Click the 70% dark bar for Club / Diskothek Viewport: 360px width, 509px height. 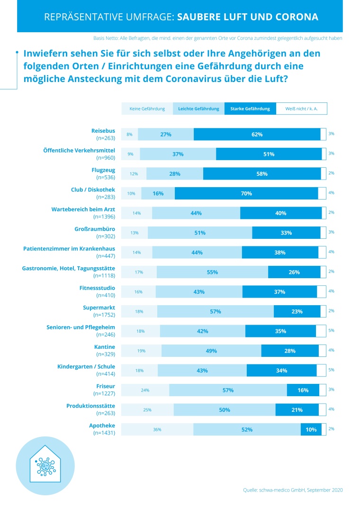pos(246,193)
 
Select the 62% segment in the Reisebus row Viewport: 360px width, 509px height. pos(257,134)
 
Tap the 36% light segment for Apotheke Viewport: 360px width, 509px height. pos(157,429)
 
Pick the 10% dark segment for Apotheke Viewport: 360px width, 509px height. pos(311,429)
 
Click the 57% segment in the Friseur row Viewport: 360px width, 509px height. pos(228,390)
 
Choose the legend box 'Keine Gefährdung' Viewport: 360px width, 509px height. pos(147,109)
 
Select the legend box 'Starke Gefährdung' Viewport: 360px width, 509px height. pos(250,109)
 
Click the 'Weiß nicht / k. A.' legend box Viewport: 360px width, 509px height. pos(301,109)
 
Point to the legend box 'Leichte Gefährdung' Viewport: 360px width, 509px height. pos(198,109)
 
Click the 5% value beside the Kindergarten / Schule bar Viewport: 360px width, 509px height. pos(331,370)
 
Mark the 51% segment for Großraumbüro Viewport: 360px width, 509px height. pos(200,233)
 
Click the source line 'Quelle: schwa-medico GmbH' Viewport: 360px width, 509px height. pos(292,490)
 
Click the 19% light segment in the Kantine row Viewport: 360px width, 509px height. pos(142,351)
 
